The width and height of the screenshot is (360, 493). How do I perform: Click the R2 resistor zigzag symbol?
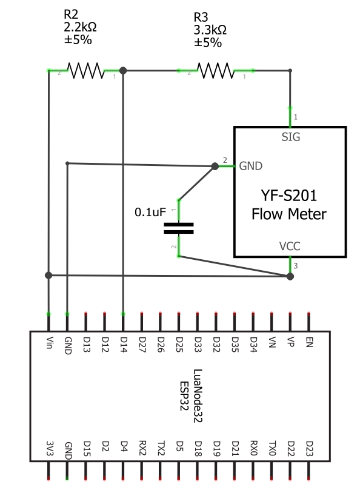click(x=85, y=70)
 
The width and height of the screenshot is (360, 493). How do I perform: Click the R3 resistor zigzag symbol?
click(x=216, y=70)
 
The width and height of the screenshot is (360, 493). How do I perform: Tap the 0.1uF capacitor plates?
click(x=179, y=228)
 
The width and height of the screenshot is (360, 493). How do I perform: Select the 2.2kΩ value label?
click(x=80, y=27)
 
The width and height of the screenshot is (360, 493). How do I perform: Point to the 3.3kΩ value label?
click(x=210, y=30)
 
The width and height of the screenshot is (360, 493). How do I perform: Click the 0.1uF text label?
click(x=150, y=212)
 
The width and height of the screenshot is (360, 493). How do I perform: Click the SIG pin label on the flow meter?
click(x=291, y=137)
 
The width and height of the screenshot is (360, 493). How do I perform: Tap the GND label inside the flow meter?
click(x=251, y=166)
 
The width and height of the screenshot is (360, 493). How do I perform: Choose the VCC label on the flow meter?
click(x=290, y=246)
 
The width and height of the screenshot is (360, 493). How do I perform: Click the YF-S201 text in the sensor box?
click(x=289, y=195)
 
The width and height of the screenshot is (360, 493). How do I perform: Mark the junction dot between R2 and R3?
click(x=123, y=70)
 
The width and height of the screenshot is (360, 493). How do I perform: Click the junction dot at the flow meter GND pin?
click(x=215, y=166)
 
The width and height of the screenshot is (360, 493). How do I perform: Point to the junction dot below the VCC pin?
click(x=290, y=276)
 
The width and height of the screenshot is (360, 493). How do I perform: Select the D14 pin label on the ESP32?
click(x=124, y=345)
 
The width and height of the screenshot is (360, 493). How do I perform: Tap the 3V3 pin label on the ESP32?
click(x=50, y=448)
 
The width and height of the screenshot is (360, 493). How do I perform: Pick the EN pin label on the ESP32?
click(x=309, y=342)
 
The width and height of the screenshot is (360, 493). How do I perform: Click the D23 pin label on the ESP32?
click(x=309, y=448)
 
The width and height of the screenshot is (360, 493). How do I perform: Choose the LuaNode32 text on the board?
click(x=198, y=396)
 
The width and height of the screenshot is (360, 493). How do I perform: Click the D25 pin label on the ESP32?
click(x=179, y=345)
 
